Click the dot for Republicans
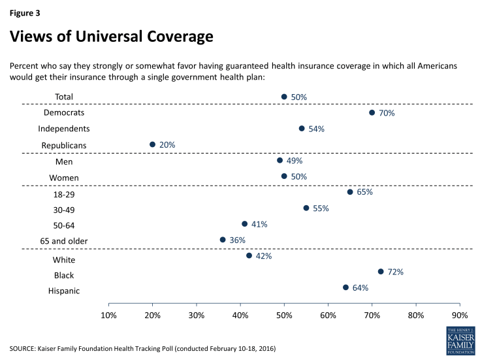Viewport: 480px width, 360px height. pyautogui.click(x=152, y=144)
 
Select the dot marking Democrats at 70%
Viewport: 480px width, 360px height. pyautogui.click(x=372, y=112)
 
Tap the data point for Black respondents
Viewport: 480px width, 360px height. pyautogui.click(x=381, y=271)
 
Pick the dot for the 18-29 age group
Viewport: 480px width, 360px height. pyautogui.click(x=350, y=192)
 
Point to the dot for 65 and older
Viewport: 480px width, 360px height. pyautogui.click(x=223, y=240)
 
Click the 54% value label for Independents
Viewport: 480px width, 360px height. pyautogui.click(x=316, y=129)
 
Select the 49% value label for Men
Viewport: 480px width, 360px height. pyautogui.click(x=295, y=160)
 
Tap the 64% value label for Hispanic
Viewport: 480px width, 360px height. pyautogui.click(x=360, y=287)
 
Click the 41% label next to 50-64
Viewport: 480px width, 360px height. pyautogui.click(x=259, y=224)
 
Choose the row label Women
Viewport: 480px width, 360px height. pyautogui.click(x=64, y=177)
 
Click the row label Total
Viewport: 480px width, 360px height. pyautogui.click(x=64, y=97)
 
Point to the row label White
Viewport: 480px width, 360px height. pyautogui.click(x=64, y=259)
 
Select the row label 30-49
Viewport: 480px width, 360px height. pyautogui.click(x=64, y=209)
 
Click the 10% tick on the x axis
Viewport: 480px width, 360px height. pyautogui.click(x=108, y=316)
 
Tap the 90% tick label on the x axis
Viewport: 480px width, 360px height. pyautogui.click(x=460, y=316)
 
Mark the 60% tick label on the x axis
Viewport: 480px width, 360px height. pyautogui.click(x=328, y=316)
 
